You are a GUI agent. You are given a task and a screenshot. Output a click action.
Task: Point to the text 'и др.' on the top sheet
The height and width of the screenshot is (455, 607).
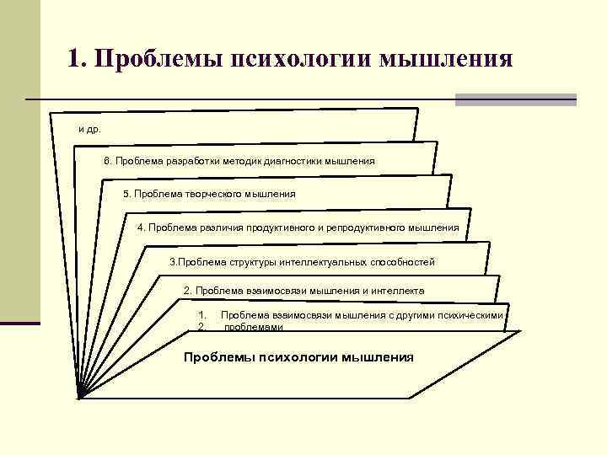pos(89,130)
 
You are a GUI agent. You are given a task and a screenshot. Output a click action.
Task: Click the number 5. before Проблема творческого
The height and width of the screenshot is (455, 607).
pos(127,194)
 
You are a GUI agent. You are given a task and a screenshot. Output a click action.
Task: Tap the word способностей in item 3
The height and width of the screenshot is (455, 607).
pos(399,262)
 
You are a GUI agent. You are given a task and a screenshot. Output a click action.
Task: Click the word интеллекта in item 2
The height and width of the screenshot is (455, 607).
pos(397,291)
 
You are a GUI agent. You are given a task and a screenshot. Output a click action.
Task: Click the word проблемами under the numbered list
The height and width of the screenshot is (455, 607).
pos(247,326)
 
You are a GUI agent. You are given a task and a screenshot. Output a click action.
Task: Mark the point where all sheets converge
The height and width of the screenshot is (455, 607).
pos(78,397)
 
